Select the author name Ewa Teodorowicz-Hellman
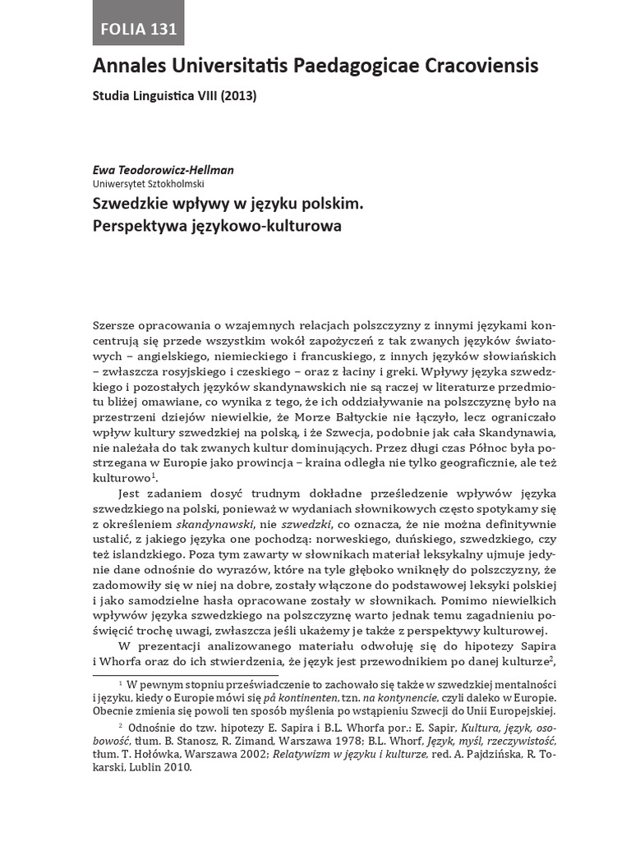click(164, 170)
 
